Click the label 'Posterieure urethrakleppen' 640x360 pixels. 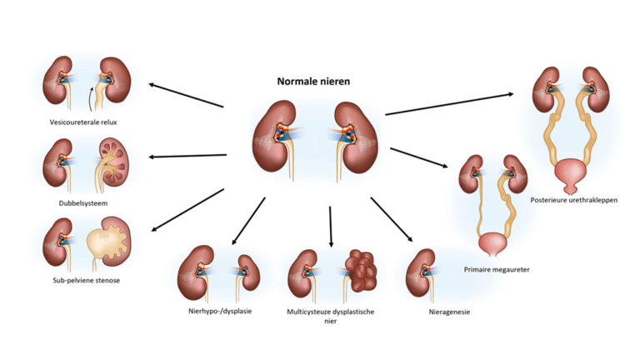[x=573, y=200]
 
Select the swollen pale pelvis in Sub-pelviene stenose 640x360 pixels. [x=107, y=247]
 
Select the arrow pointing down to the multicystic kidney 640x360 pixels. [x=331, y=226]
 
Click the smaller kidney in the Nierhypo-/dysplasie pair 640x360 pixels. [x=243, y=267]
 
